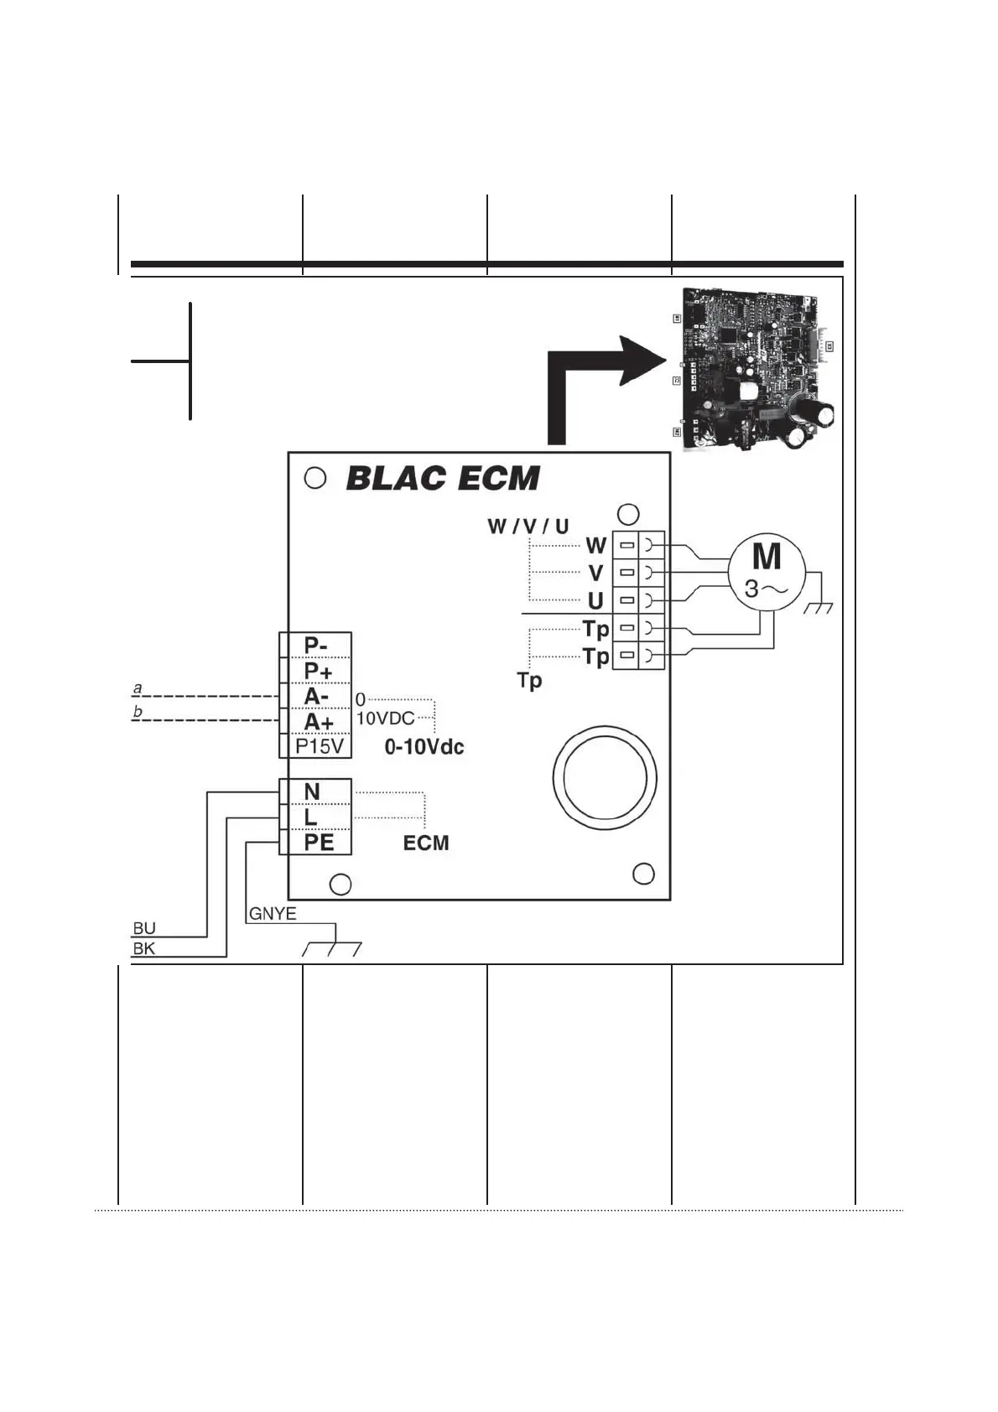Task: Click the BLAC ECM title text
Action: tap(443, 479)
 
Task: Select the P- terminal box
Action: tap(315, 646)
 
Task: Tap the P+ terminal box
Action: tap(315, 671)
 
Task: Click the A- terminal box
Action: tap(315, 696)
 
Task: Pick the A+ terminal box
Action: tap(315, 721)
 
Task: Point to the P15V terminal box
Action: tap(315, 745)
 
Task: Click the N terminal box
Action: tap(315, 792)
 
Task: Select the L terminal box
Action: tap(315, 817)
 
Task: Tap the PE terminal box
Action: tap(315, 842)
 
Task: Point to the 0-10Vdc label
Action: tap(424, 746)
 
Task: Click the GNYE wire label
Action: tap(273, 914)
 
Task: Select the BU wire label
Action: tap(144, 928)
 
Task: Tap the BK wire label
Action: tap(144, 949)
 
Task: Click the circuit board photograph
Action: tap(759, 370)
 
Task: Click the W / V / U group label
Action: tap(528, 527)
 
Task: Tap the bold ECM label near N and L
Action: tap(426, 843)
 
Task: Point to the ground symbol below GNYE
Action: tap(333, 947)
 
